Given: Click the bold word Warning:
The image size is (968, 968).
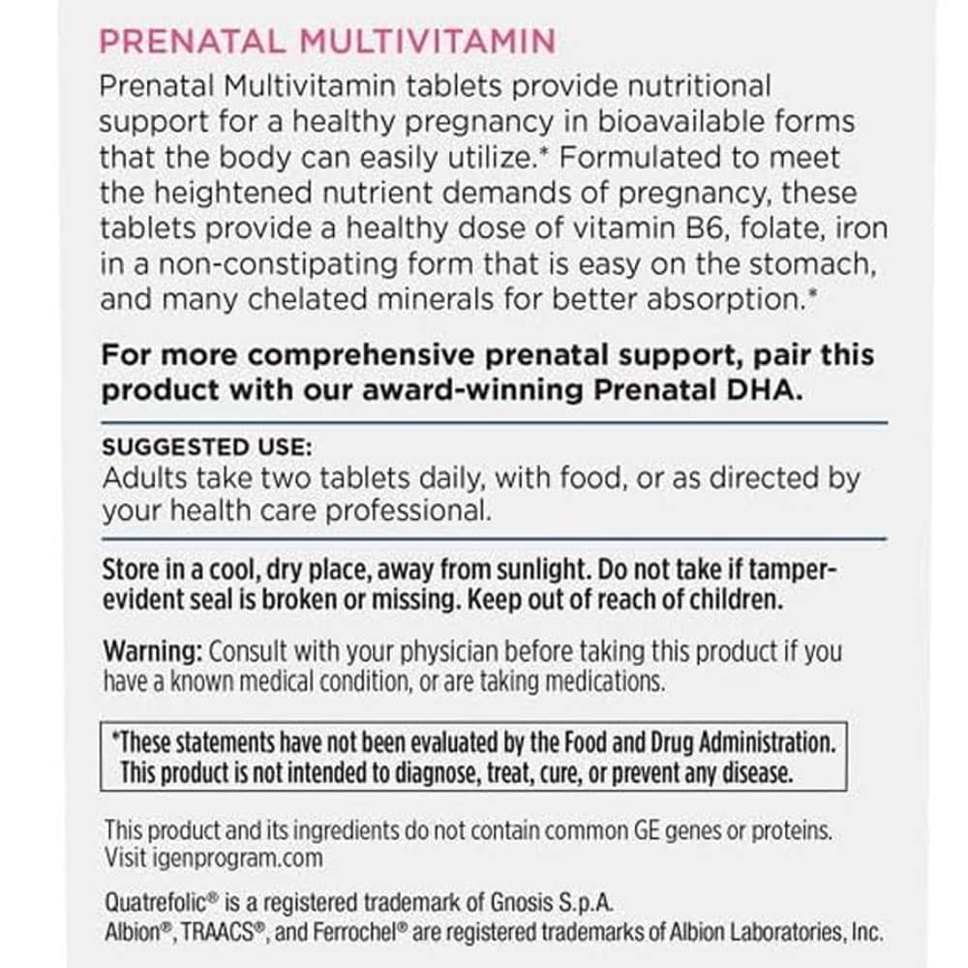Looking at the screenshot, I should click(x=154, y=650).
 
